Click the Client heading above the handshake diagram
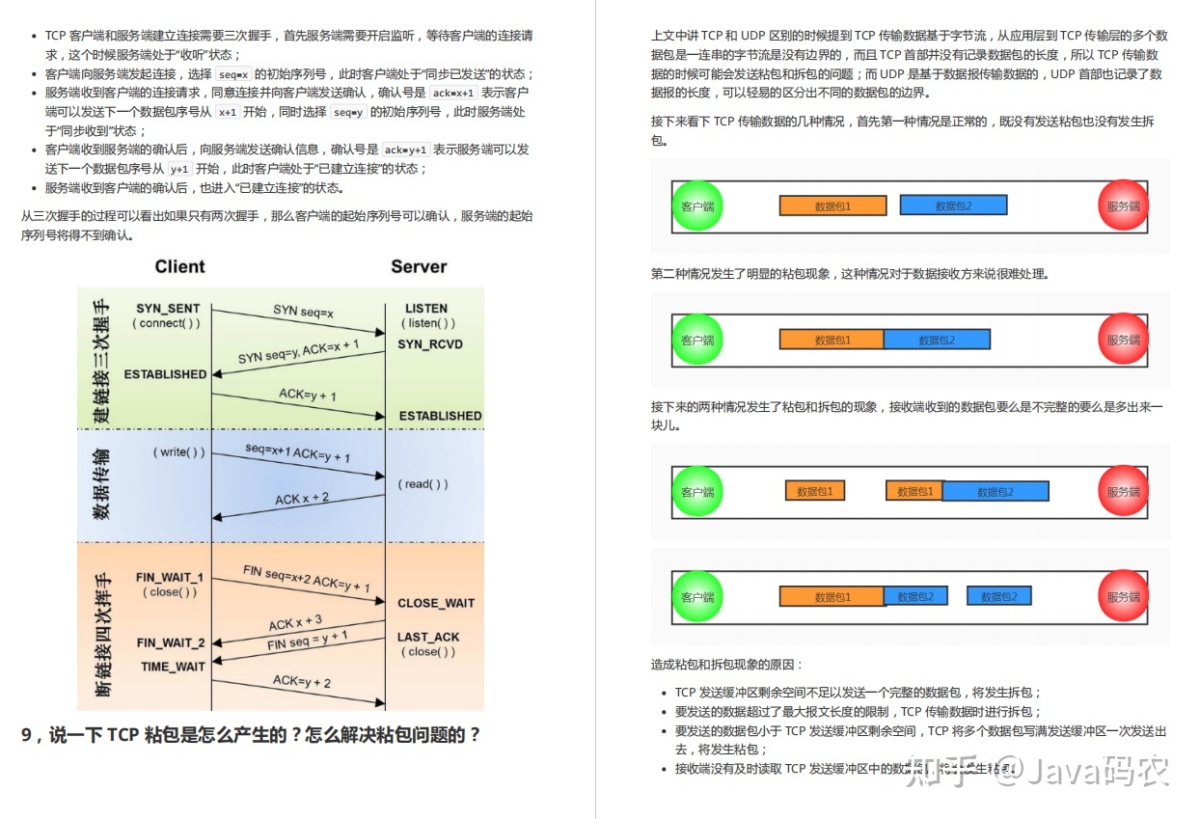click(179, 267)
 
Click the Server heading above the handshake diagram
click(419, 267)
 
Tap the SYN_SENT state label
click(168, 309)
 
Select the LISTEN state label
click(426, 309)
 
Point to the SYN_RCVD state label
click(430, 344)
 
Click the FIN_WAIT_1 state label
click(170, 578)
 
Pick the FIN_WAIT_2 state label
click(171, 642)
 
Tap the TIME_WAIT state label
click(173, 667)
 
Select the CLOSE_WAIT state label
click(436, 603)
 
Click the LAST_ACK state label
click(428, 638)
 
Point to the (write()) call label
click(178, 451)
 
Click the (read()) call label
click(423, 484)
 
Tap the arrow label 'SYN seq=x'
click(303, 312)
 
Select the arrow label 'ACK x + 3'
click(295, 623)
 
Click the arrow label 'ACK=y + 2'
click(301, 682)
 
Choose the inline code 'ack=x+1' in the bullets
click(453, 94)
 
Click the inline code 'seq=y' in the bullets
click(349, 112)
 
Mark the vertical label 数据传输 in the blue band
click(101, 484)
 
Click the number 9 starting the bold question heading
click(27, 735)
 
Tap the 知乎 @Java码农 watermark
click(1037, 769)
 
